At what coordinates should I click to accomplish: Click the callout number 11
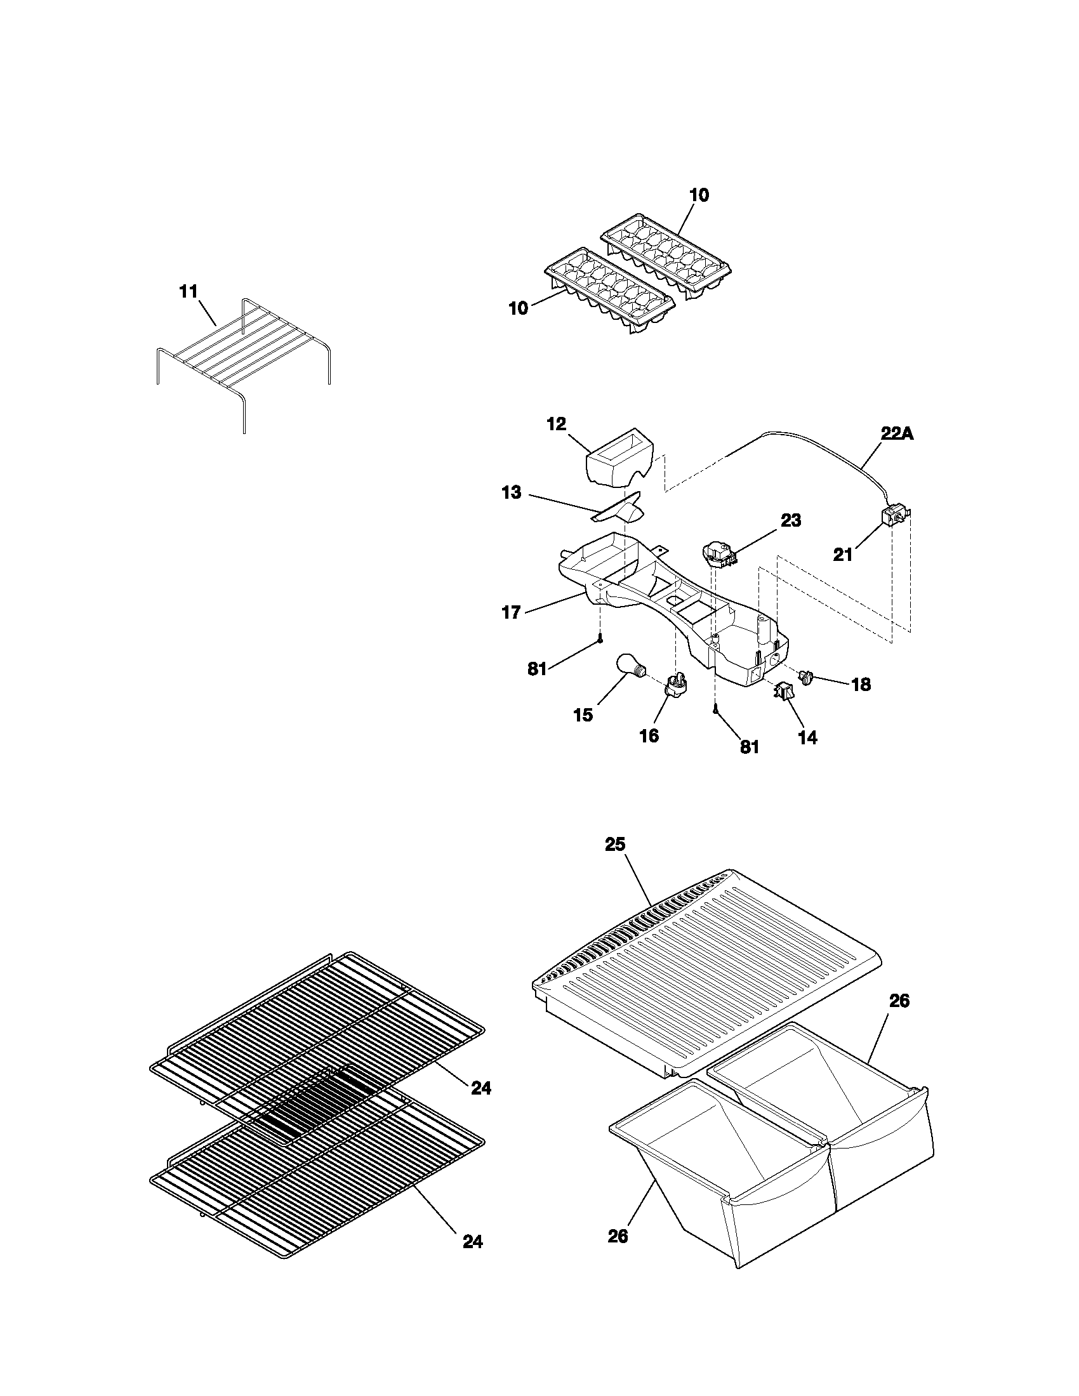(188, 291)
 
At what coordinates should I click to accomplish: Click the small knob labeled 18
(806, 676)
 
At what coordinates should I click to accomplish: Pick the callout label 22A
(897, 433)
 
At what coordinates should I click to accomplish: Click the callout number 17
(511, 613)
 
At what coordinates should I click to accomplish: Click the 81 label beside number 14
(749, 747)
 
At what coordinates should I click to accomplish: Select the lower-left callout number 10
(519, 308)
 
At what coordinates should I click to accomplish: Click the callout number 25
(615, 845)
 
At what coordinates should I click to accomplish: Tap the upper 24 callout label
(481, 1088)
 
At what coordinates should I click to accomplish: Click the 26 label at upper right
(899, 1001)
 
